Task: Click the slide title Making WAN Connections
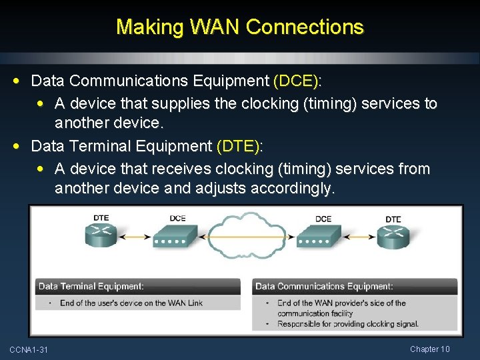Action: pos(240,27)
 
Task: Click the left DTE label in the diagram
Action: pos(101,217)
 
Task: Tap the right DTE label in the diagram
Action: pos(393,219)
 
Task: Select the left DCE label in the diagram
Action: pos(177,218)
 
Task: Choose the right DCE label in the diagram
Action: pos(323,219)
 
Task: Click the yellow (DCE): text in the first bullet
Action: pos(297,81)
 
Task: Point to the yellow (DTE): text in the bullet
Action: pos(240,146)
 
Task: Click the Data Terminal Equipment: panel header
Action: pos(91,287)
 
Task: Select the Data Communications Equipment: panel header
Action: pos(324,287)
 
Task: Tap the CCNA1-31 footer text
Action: pos(29,350)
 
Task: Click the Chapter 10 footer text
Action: pos(430,349)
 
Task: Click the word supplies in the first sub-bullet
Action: pos(176,104)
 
